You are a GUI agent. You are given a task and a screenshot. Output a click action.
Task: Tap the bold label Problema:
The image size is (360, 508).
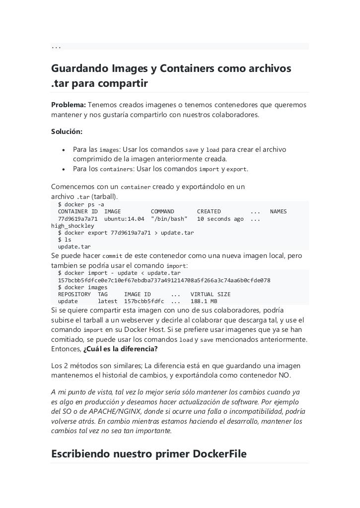tap(69, 105)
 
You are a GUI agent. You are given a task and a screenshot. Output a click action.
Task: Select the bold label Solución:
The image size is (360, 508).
tap(67, 131)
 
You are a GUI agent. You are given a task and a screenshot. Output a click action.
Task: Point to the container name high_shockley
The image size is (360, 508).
tap(72, 226)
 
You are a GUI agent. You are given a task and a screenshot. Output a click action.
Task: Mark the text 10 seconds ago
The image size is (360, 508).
tap(220, 219)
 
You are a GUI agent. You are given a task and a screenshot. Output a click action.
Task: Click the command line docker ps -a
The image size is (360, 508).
tap(81, 204)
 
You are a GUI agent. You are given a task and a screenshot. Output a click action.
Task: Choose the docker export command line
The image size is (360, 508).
tap(126, 233)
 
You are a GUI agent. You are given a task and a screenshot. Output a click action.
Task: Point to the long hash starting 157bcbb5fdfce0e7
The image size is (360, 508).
tap(164, 280)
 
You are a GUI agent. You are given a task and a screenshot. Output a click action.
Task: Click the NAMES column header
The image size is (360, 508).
tap(278, 211)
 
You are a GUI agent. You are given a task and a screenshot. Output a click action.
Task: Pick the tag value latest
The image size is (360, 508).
tap(107, 301)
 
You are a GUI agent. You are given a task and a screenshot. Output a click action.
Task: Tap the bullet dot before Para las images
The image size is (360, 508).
tap(64, 150)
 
